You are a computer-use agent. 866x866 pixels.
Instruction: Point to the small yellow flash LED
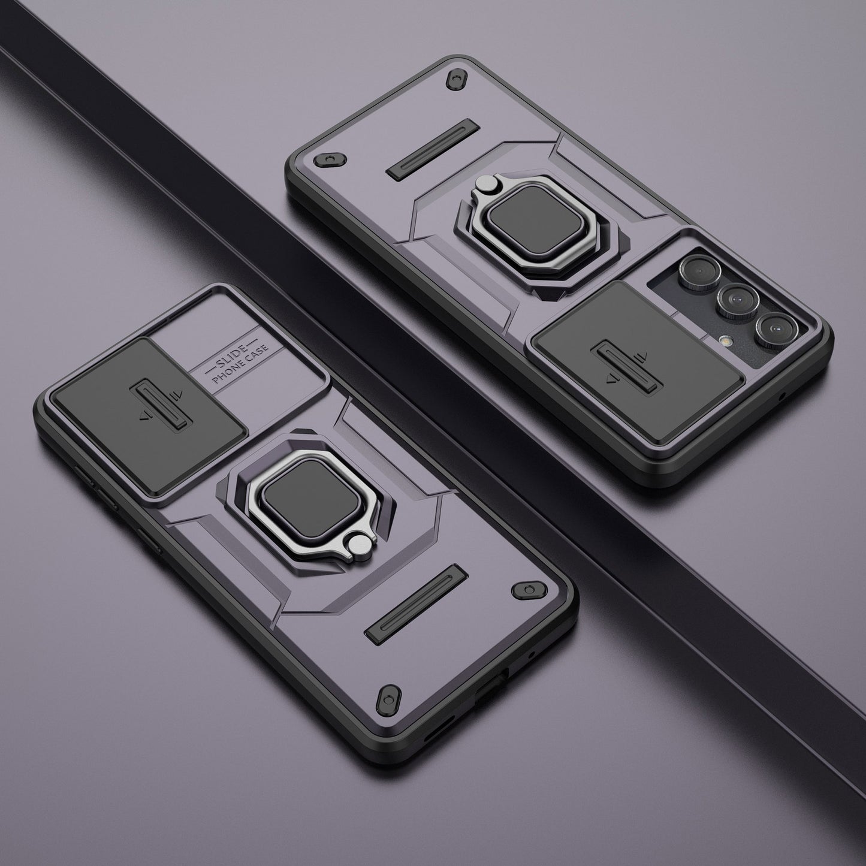click(724, 340)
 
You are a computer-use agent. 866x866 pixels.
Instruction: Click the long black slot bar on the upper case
click(432, 150)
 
